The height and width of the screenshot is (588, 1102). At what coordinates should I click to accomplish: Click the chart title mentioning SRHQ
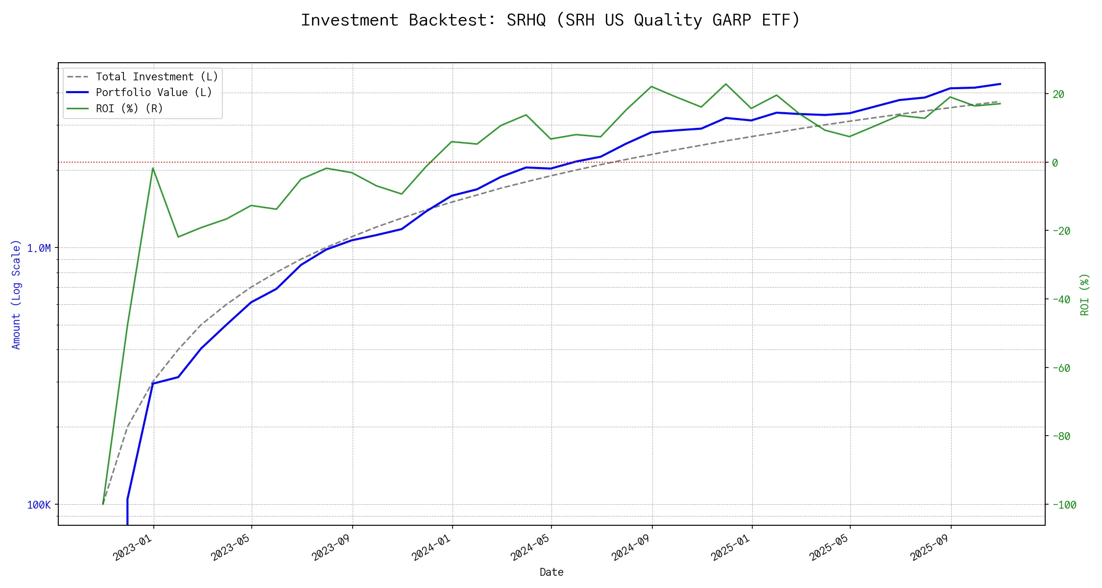(x=551, y=20)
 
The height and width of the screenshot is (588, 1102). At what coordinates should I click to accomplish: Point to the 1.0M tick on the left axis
(x=39, y=248)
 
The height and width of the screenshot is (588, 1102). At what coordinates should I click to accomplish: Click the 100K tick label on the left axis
(x=39, y=505)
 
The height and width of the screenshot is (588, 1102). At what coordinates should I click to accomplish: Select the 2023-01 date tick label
(x=133, y=547)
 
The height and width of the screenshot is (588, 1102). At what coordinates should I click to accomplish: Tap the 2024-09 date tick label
(x=631, y=547)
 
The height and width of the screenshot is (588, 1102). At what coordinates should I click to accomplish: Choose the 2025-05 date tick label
(x=829, y=547)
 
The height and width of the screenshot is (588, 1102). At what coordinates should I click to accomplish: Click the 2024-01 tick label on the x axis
(x=431, y=547)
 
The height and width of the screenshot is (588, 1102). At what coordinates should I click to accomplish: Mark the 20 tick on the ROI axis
(x=1058, y=94)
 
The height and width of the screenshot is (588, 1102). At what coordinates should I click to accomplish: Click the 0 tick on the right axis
(x=1055, y=163)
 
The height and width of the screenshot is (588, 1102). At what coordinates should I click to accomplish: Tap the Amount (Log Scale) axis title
(x=16, y=294)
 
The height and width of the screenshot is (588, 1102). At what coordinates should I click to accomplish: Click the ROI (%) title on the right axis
(x=1084, y=294)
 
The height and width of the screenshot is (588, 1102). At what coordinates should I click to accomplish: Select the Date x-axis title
(x=551, y=572)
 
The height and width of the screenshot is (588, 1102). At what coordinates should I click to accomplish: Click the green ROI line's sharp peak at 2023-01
(x=153, y=168)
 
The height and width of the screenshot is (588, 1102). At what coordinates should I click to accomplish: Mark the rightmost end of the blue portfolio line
(x=1000, y=84)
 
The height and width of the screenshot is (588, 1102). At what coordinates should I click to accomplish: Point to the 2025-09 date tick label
(x=930, y=547)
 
